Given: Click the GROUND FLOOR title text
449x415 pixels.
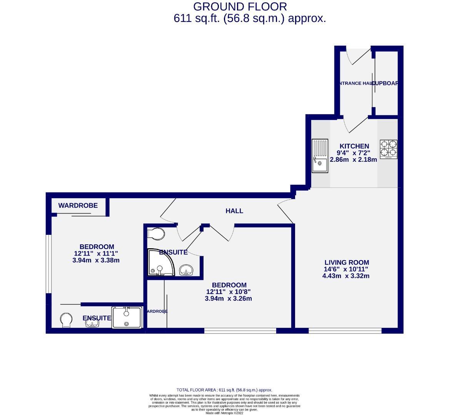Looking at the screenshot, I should (x=240, y=7).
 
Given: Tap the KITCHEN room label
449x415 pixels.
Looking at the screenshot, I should (x=354, y=146).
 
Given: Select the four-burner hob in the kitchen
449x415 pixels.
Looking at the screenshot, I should (x=389, y=149).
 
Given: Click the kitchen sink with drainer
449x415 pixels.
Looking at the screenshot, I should (x=320, y=156).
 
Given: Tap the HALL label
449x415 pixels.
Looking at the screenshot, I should (x=234, y=211).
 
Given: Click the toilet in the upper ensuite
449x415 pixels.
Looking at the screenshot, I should (x=157, y=233).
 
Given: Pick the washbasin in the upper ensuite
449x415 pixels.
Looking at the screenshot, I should (x=187, y=270).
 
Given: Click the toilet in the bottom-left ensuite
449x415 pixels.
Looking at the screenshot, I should (x=66, y=320).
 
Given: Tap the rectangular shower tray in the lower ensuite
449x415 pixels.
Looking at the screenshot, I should (x=126, y=317).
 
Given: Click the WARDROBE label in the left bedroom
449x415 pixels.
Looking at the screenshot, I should (x=78, y=206).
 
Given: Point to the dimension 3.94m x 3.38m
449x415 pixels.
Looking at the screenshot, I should (x=96, y=260).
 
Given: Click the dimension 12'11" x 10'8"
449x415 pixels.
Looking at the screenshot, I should (x=229, y=292).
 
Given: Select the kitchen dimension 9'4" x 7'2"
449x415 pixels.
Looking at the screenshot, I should (x=354, y=153).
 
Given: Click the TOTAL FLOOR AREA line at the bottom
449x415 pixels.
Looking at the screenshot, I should (x=224, y=390).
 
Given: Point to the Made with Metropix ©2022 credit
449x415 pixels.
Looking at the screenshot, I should (x=224, y=413).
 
